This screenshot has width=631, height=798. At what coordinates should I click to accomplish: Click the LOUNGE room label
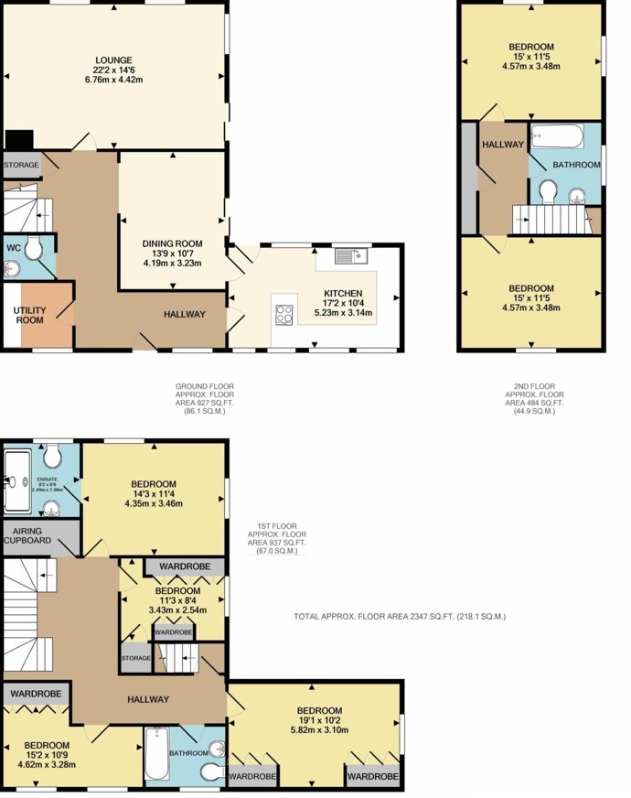(112, 59)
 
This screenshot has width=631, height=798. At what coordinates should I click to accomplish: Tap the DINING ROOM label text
(172, 243)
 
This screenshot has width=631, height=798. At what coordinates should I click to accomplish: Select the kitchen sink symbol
(350, 255)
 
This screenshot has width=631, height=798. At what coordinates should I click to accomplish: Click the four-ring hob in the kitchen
(283, 314)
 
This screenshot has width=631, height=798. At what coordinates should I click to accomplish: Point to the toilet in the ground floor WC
(33, 247)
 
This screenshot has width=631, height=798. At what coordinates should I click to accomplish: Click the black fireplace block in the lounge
(19, 140)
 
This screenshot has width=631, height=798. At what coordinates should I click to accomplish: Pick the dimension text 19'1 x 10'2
(319, 722)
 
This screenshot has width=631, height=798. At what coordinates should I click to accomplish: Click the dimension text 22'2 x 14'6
(112, 70)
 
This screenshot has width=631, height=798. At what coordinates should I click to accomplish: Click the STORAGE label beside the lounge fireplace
(20, 165)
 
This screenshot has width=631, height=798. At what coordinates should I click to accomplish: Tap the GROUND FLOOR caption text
(204, 386)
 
